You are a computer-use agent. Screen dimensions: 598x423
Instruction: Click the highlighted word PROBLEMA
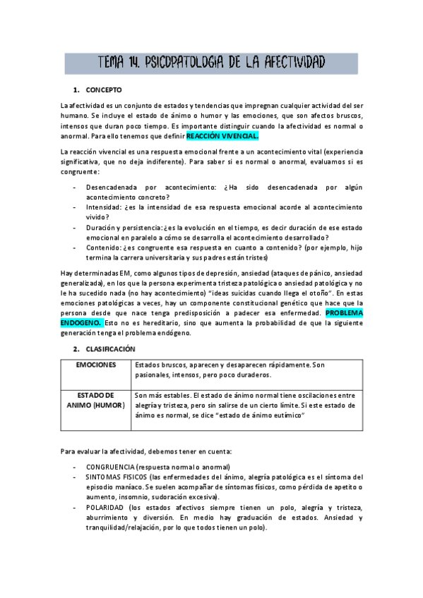tap(344, 312)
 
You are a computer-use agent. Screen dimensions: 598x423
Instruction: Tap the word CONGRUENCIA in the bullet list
tap(112, 467)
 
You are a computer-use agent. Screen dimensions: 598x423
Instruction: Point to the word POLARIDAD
tap(105, 508)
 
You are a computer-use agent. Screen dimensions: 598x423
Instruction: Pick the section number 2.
tap(76, 349)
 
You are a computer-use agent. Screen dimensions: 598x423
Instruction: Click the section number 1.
tap(76, 90)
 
